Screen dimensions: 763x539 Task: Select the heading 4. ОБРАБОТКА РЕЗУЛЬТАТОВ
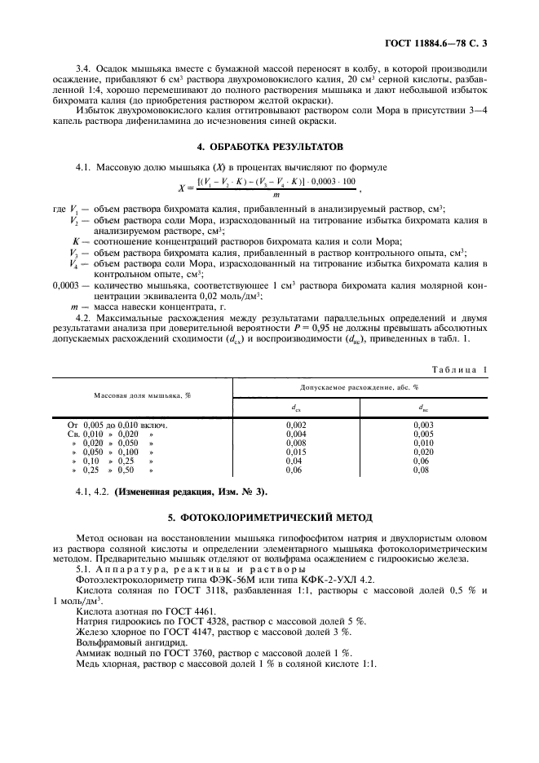(x=269, y=147)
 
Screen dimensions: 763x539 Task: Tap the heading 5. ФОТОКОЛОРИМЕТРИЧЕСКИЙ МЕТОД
(x=269, y=517)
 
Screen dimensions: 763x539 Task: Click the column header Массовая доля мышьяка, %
(x=143, y=394)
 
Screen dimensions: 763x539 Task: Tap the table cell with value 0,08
(x=422, y=470)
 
